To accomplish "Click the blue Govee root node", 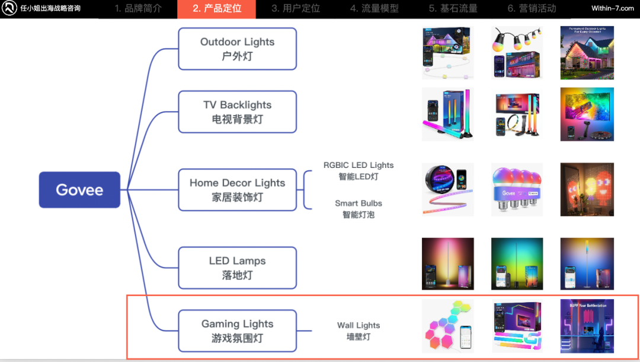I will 79,190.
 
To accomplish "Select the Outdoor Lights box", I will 237,49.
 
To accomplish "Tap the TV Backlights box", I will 237,112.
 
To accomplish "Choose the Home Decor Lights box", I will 237,190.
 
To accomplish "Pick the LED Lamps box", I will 237,268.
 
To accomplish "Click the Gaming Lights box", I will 237,331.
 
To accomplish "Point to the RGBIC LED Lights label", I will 359,170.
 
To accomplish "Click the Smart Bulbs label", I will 359,209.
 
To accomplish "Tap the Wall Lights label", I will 359,331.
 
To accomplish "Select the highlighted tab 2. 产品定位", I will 216,9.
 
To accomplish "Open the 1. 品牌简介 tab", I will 138,9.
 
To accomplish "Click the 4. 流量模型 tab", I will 374,9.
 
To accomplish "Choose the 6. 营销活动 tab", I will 532,9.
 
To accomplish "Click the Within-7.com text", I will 613,9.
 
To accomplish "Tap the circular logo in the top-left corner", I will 9,9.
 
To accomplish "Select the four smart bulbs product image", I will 517,189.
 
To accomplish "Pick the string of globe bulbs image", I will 517,53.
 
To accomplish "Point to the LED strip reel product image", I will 447,189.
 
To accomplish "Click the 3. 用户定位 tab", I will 296,9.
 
